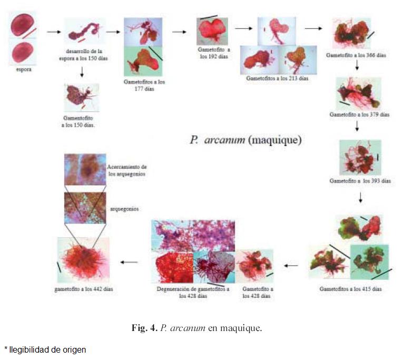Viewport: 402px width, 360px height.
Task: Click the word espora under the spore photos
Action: pos(22,69)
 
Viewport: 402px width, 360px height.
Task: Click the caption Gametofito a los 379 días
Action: pos(359,114)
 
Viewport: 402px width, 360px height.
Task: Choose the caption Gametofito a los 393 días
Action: pos(360,181)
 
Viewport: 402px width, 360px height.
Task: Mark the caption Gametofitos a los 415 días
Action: pos(351,289)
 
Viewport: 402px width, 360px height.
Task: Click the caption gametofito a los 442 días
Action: pos(83,289)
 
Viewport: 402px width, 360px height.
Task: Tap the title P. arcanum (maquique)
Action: pos(246,140)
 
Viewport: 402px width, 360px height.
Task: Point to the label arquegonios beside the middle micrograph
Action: pos(124,209)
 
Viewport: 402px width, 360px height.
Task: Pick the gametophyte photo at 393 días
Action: pos(360,158)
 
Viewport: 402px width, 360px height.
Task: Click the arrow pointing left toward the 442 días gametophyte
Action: pos(129,262)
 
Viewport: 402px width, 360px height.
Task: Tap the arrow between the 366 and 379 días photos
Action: pos(357,66)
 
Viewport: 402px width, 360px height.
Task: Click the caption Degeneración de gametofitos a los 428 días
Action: pos(192,292)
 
